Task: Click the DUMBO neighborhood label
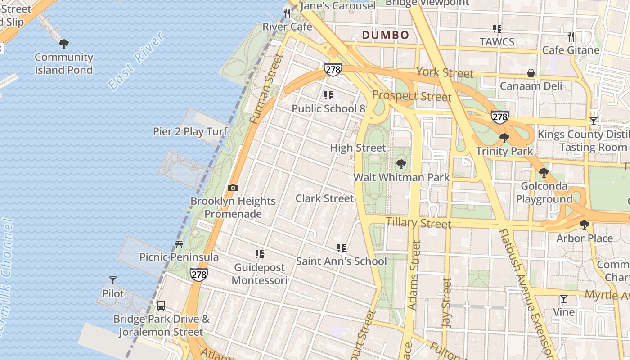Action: [386, 35]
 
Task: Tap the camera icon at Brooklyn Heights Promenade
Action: [233, 188]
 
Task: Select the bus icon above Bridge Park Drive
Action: [161, 306]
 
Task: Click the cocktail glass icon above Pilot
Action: [113, 280]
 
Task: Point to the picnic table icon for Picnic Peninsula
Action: [179, 244]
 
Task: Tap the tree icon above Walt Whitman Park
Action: [401, 164]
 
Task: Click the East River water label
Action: [136, 61]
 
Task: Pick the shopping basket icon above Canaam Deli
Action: [531, 73]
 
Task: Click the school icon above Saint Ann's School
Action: [342, 248]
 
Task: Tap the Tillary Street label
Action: [418, 222]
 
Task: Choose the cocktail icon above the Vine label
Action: [563, 299]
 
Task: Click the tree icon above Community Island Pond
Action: [64, 44]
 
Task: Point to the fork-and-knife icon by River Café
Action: [287, 13]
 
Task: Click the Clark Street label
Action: [324, 198]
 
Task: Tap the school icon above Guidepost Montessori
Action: [260, 254]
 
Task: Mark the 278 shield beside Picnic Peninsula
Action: [198, 274]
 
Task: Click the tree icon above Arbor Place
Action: [584, 225]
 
